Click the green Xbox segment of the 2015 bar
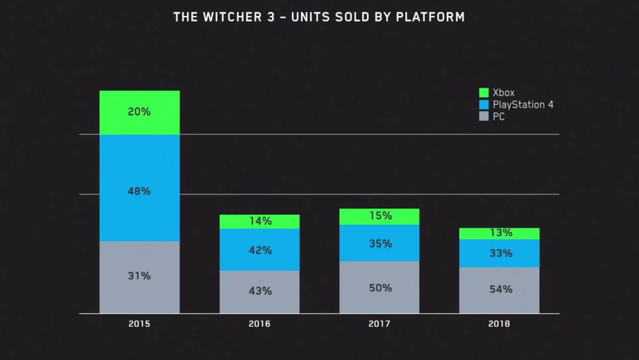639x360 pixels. [x=139, y=113]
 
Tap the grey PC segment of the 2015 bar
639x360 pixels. [x=139, y=277]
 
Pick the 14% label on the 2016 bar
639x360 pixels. [x=259, y=221]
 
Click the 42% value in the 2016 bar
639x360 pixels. [x=259, y=250]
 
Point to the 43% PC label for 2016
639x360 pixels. [x=259, y=291]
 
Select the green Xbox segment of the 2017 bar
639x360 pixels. [x=380, y=217]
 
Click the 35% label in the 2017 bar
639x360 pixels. [x=380, y=244]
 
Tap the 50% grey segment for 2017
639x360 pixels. [x=380, y=288]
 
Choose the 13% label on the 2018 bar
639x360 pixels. [x=500, y=233]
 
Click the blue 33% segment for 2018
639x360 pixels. [x=500, y=253]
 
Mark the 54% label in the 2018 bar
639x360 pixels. [x=500, y=289]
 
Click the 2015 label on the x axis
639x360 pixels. [x=139, y=324]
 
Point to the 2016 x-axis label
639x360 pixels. [x=259, y=324]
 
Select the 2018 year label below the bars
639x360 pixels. [x=500, y=324]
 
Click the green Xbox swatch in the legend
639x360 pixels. [x=483, y=93]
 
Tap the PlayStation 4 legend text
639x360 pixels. [x=523, y=105]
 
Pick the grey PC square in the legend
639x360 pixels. [x=483, y=117]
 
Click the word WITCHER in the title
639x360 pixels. [x=233, y=17]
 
